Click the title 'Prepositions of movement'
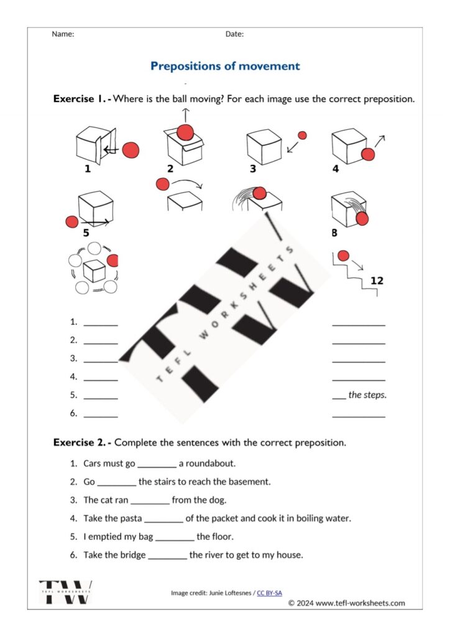(x=225, y=66)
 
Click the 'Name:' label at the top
(x=63, y=34)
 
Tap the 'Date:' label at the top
(x=234, y=34)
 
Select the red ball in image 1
(x=131, y=150)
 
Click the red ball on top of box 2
(x=186, y=132)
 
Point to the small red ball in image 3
(x=302, y=135)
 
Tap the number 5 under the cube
(x=86, y=233)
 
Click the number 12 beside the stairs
(x=377, y=281)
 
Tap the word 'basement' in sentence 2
(x=250, y=481)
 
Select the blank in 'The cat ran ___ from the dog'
(x=150, y=500)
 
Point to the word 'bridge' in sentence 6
(x=132, y=554)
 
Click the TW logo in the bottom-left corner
(x=65, y=592)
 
